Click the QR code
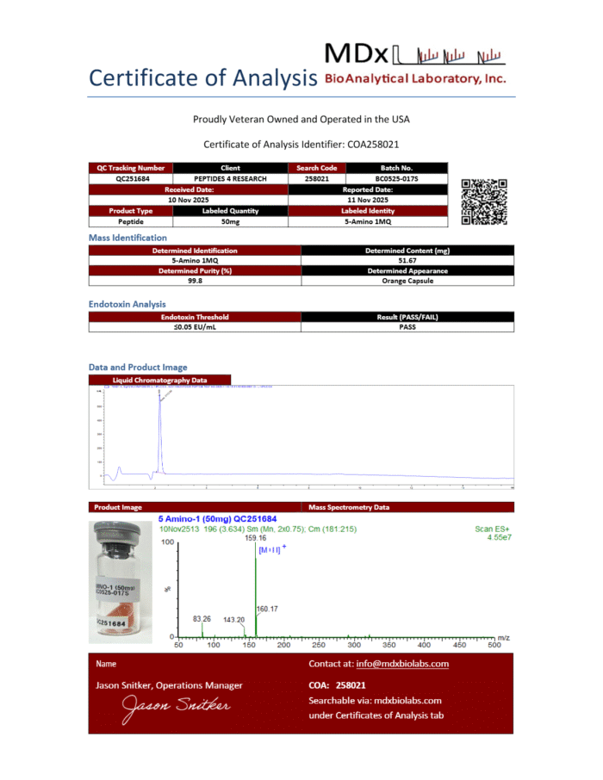click(484, 201)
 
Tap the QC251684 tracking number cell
click(131, 178)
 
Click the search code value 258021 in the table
click(317, 178)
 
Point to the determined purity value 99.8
click(195, 281)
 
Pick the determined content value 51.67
click(407, 261)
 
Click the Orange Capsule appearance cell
click(407, 281)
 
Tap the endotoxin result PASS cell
click(407, 327)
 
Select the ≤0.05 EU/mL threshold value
click(195, 327)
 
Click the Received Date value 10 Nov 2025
click(189, 199)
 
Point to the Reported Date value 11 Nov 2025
click(368, 199)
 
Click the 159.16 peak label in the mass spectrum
click(256, 537)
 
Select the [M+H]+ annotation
click(272, 548)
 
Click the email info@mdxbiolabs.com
click(402, 664)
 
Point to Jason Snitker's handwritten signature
click(176, 707)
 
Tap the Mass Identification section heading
click(127, 238)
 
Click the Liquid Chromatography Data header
click(159, 380)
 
